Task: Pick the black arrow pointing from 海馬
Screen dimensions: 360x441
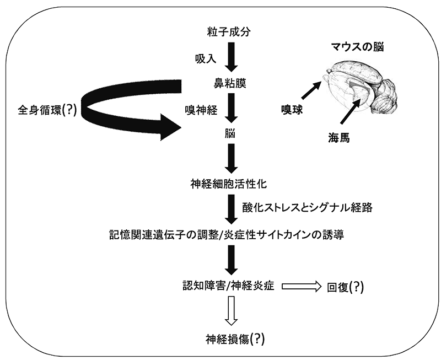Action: (x=349, y=114)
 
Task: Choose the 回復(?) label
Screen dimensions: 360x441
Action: (x=346, y=287)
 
